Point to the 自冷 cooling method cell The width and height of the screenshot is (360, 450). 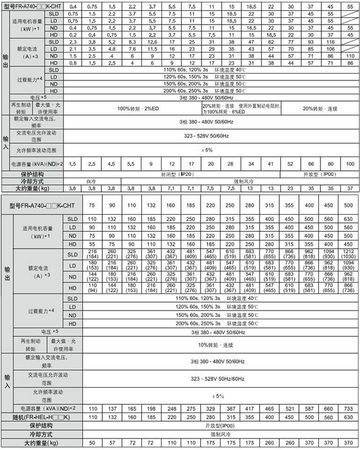90,181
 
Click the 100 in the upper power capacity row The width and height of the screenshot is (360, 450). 350,164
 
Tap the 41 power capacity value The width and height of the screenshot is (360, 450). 270,164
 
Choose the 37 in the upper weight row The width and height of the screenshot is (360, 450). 350,188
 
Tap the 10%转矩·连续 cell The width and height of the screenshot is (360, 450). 216,345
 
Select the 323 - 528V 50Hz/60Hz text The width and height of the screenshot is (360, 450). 216,379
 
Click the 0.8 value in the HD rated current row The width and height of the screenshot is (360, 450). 72,63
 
